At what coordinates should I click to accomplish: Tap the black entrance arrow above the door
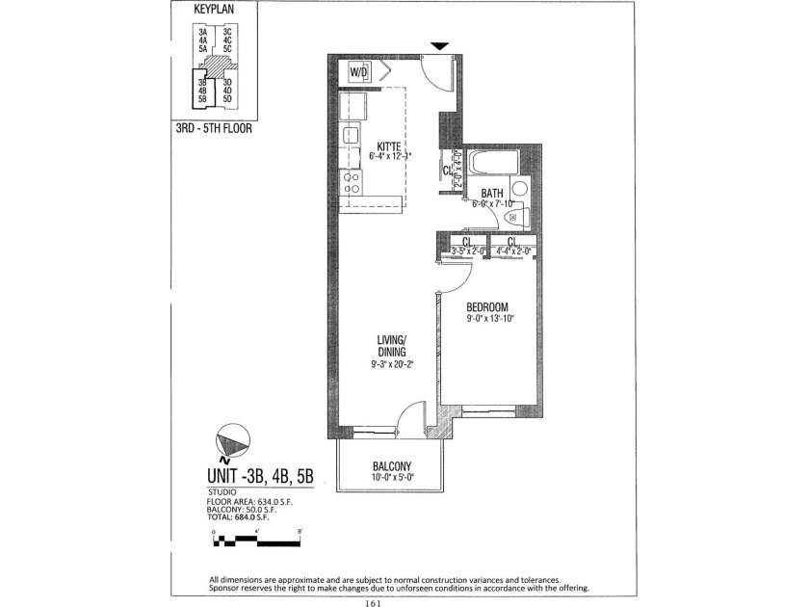click(438, 45)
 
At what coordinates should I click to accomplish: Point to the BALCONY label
click(390, 465)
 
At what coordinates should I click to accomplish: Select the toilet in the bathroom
click(514, 217)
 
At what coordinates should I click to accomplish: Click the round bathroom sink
click(519, 188)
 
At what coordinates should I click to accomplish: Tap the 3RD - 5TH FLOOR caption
click(214, 126)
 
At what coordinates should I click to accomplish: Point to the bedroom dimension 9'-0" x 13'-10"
click(487, 319)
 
